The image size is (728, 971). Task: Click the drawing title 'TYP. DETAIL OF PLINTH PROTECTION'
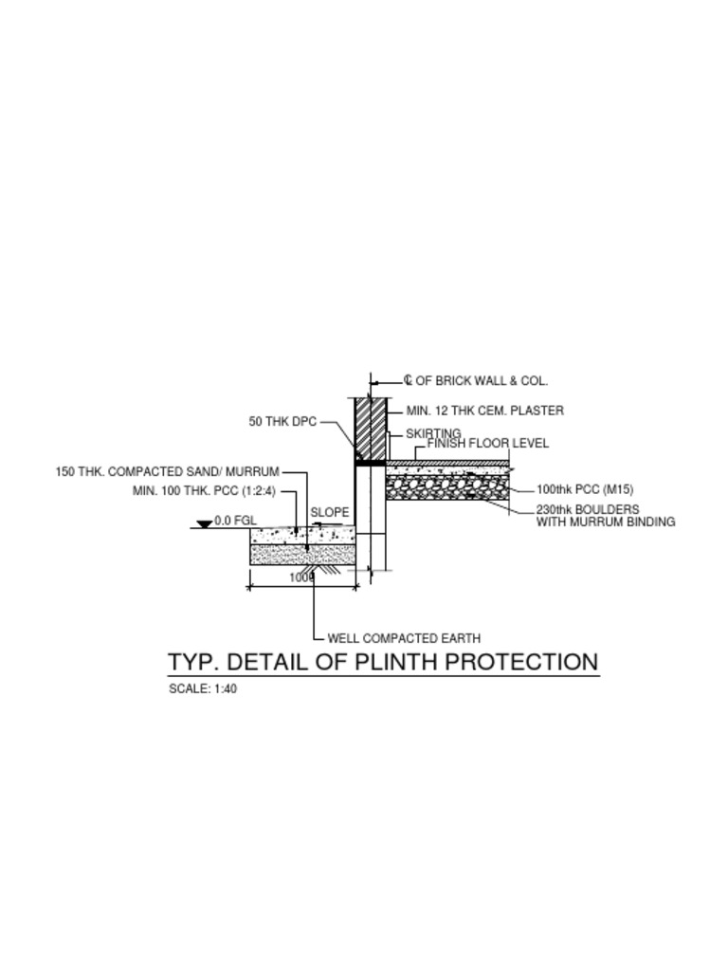click(x=383, y=662)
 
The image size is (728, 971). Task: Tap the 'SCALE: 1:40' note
click(x=203, y=689)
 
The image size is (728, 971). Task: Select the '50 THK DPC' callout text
click(x=282, y=422)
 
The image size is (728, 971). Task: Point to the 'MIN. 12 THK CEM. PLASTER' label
click(x=484, y=411)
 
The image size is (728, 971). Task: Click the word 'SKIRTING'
click(x=433, y=433)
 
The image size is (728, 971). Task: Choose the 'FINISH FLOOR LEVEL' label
click(x=488, y=444)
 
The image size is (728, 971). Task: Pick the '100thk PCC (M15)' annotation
click(x=584, y=490)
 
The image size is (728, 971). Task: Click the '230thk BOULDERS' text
click(x=588, y=509)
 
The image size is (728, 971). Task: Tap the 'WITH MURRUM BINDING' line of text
click(x=606, y=522)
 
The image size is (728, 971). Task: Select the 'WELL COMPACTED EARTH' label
click(x=404, y=638)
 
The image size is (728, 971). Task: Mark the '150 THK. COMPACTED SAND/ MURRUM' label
click(x=168, y=471)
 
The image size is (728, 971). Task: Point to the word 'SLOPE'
click(x=330, y=512)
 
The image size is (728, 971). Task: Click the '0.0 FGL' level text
click(x=236, y=521)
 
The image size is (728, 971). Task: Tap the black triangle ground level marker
click(x=204, y=523)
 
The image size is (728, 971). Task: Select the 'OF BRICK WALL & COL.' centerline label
click(x=482, y=381)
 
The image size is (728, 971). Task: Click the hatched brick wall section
click(x=370, y=427)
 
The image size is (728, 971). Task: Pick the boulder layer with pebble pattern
click(x=446, y=487)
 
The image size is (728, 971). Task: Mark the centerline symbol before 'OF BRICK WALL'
click(x=408, y=381)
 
